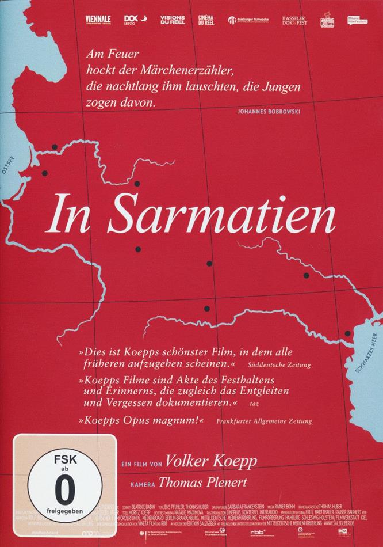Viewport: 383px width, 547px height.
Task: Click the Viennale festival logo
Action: (98, 20)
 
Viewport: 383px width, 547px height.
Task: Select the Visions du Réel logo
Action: (173, 20)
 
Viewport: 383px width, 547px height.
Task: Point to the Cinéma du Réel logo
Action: (205, 20)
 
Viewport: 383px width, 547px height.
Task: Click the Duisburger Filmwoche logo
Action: (248, 20)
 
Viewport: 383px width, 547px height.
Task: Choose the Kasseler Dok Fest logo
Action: (295, 20)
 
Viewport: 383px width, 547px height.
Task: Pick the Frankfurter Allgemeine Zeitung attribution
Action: (265, 421)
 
